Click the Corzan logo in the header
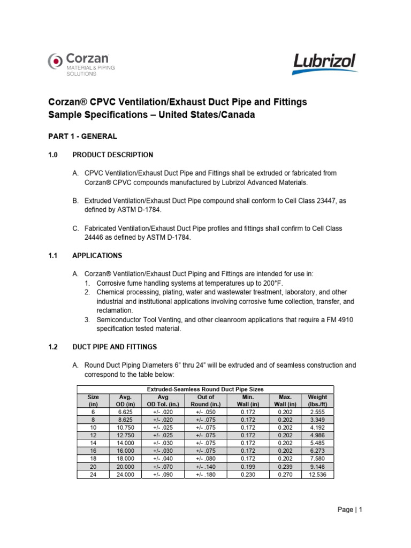[81, 65]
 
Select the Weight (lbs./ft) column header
[317, 401]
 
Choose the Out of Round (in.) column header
[205, 401]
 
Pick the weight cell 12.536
[317, 474]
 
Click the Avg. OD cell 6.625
[120, 413]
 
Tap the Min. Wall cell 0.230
[247, 474]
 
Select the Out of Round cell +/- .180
[205, 474]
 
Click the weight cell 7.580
[317, 459]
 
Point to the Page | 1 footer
[351, 510]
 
